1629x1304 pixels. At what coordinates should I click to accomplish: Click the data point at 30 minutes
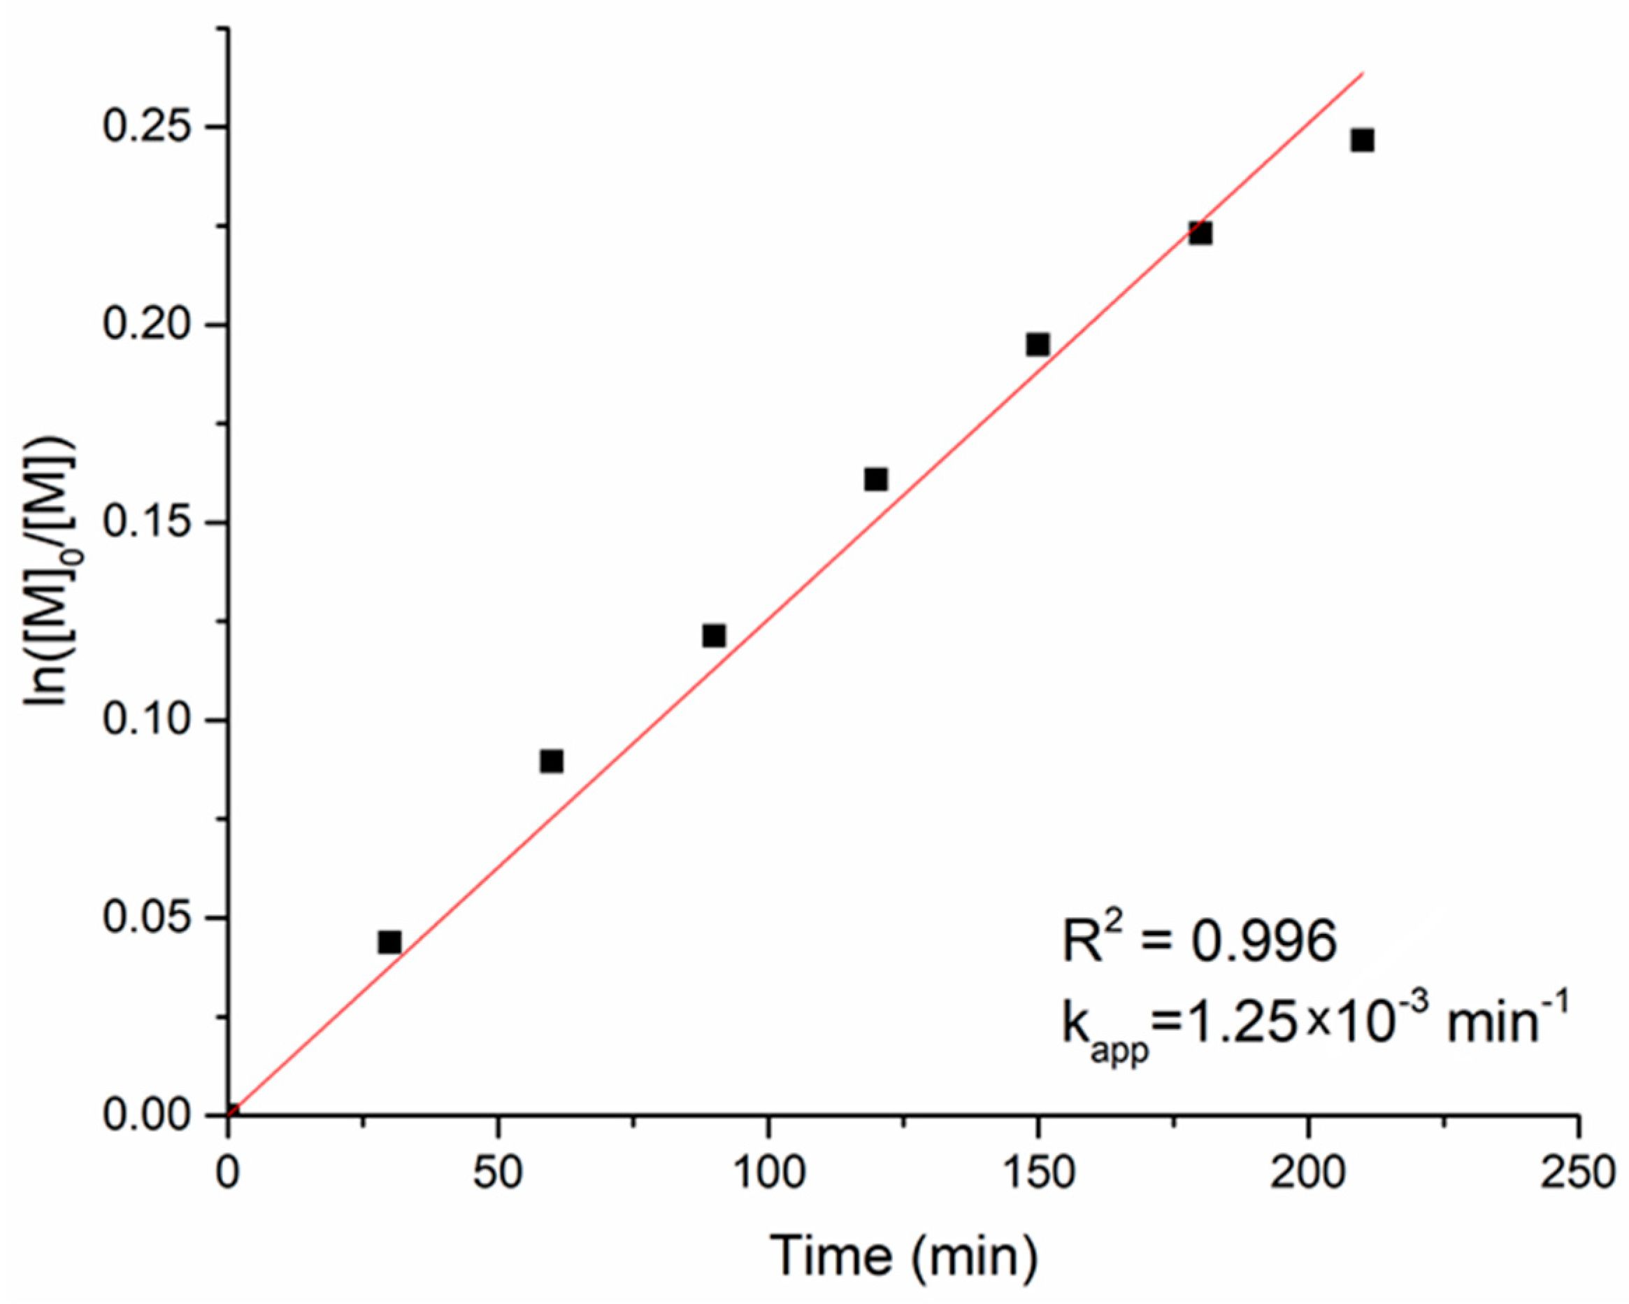[389, 942]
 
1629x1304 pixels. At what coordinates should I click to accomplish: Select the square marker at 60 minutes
[552, 761]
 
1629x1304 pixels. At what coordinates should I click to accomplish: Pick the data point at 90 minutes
[714, 636]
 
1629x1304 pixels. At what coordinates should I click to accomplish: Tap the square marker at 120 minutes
[876, 479]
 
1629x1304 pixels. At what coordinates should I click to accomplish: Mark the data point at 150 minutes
[1038, 345]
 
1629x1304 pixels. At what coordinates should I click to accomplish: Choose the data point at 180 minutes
[1200, 233]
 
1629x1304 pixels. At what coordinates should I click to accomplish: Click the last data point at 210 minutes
[1363, 141]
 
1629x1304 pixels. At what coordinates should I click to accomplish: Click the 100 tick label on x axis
[768, 1175]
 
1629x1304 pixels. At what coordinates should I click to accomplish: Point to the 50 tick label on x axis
[498, 1175]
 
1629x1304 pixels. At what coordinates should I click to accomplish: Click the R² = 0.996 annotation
[1199, 941]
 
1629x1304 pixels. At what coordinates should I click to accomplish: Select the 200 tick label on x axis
[1308, 1175]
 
